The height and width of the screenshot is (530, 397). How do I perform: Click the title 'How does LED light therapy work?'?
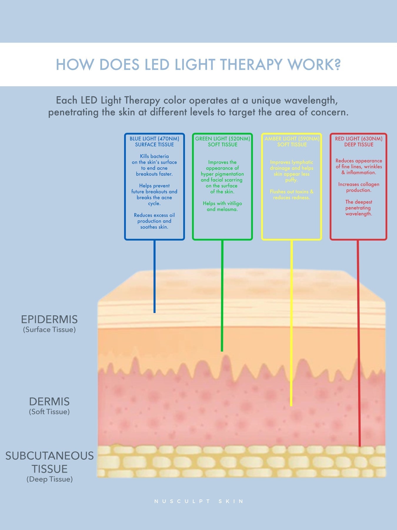[x=198, y=64]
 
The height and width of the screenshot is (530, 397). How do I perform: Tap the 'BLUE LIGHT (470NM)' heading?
[x=154, y=139]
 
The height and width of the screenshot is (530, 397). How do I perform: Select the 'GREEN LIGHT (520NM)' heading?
[x=223, y=139]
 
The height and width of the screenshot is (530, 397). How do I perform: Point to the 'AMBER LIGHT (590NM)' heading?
[x=292, y=139]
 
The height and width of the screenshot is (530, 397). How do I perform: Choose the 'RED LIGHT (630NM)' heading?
[x=359, y=139]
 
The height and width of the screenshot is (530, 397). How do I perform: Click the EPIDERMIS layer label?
[x=49, y=319]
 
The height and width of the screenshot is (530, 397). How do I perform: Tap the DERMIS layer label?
[x=49, y=402]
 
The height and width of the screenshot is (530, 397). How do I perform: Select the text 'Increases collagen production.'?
[x=359, y=187]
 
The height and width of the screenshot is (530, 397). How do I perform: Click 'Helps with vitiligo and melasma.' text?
[x=222, y=206]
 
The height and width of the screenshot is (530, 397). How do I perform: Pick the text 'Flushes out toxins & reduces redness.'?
[x=292, y=195]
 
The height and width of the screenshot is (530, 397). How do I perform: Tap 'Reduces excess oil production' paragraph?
[x=154, y=221]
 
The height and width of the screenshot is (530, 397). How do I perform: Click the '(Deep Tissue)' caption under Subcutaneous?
[x=49, y=479]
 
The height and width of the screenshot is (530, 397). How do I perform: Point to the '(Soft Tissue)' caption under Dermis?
[x=49, y=412]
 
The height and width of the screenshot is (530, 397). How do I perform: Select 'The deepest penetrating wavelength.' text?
[x=359, y=208]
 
